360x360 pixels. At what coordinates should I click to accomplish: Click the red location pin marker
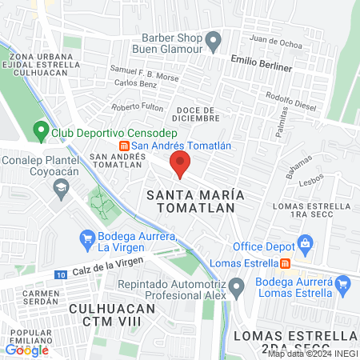(x=180, y=163)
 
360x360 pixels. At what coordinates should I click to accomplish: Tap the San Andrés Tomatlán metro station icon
(x=124, y=146)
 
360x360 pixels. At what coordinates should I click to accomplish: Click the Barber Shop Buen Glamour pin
(x=214, y=39)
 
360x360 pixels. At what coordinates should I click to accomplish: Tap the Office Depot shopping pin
(x=304, y=243)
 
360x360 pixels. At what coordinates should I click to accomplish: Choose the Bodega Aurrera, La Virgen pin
(x=88, y=238)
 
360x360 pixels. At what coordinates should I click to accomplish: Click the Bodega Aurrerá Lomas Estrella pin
(x=343, y=282)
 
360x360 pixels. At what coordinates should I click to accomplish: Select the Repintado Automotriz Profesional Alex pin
(x=236, y=286)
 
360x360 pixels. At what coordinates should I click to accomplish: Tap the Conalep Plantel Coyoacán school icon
(x=61, y=187)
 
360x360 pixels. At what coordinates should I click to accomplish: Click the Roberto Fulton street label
(x=138, y=107)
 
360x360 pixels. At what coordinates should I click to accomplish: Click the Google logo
(x=26, y=349)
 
